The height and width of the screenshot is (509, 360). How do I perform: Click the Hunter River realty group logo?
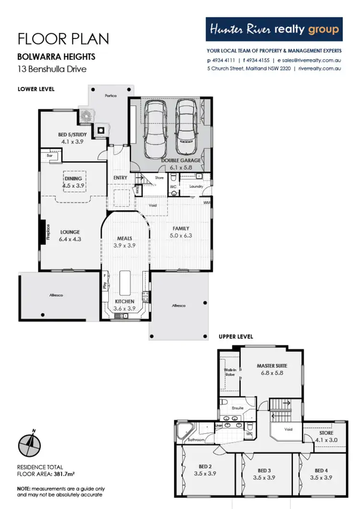[x=274, y=30]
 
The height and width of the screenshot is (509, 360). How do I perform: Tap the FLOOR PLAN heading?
[x=63, y=38]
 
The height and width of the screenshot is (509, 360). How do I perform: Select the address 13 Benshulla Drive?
[x=52, y=69]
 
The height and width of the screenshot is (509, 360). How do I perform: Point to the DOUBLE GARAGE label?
[x=181, y=160]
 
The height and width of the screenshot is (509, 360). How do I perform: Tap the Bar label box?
[x=49, y=156]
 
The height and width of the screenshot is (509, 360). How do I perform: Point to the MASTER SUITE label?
[x=272, y=366]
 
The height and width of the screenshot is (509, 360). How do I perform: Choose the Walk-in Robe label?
[x=229, y=373]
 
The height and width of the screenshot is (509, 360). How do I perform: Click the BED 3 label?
[x=264, y=470]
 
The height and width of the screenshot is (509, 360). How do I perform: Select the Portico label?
[x=111, y=96]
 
